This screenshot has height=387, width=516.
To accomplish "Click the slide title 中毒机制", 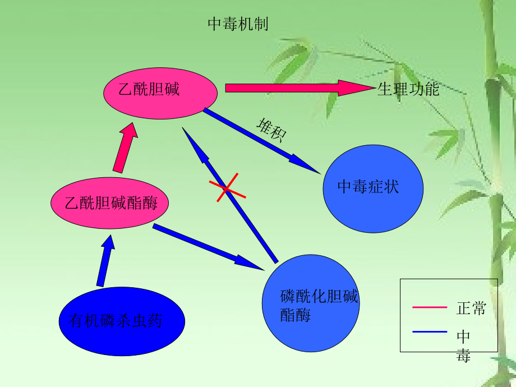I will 238,24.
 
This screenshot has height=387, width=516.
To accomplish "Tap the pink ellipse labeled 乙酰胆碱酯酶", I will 110,202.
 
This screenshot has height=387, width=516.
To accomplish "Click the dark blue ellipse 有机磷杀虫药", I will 122,321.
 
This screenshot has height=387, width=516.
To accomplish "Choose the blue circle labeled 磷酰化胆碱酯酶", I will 311,303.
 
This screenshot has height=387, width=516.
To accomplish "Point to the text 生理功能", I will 408,89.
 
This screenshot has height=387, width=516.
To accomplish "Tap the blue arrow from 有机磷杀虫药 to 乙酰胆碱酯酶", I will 105,261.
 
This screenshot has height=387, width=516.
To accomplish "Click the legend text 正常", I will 471,308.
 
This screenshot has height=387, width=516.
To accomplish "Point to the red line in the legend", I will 429,307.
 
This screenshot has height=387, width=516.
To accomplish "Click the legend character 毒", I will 463,354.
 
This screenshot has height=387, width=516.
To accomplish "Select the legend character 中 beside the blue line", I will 463,336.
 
